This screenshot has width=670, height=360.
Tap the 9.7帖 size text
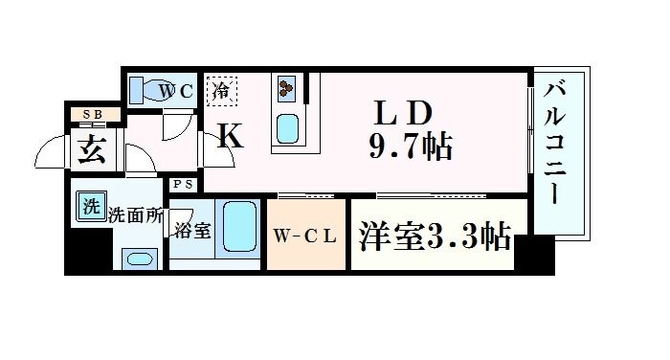click(x=409, y=146)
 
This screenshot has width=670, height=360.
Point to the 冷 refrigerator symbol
click(x=221, y=92)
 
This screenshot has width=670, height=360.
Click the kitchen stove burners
click(x=286, y=90)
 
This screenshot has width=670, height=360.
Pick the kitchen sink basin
click(x=287, y=126)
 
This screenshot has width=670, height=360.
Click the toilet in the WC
click(x=144, y=92)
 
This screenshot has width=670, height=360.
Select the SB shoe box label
click(x=93, y=116)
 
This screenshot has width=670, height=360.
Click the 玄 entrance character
click(x=93, y=150)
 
